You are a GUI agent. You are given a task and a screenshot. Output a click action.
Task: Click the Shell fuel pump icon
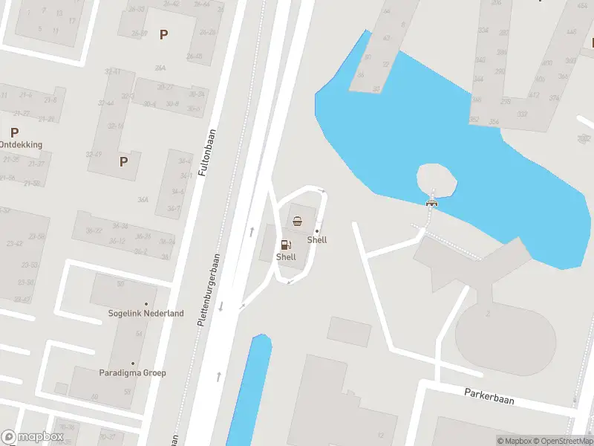click(x=285, y=245)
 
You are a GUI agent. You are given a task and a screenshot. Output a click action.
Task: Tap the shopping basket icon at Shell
click(x=298, y=220)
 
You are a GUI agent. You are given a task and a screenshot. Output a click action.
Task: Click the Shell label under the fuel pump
click(x=286, y=257)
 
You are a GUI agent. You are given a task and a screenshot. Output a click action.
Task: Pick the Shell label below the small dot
click(x=317, y=240)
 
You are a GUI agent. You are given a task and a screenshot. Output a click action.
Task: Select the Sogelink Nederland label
click(x=146, y=314)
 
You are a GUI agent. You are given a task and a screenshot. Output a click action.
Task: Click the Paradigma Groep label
click(x=133, y=373)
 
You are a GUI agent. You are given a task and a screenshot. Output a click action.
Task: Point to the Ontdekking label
click(x=21, y=145)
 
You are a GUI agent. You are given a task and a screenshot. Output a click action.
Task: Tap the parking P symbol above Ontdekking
click(x=14, y=132)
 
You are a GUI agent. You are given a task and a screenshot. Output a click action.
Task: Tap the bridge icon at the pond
click(x=431, y=202)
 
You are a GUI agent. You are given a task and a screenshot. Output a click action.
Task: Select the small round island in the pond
click(x=437, y=181)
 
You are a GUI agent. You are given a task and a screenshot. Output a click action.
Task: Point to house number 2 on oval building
click(x=488, y=314)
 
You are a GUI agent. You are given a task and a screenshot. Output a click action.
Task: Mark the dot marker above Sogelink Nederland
click(x=146, y=304)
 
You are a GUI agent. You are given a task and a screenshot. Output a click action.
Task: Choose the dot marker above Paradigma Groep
click(x=133, y=363)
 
